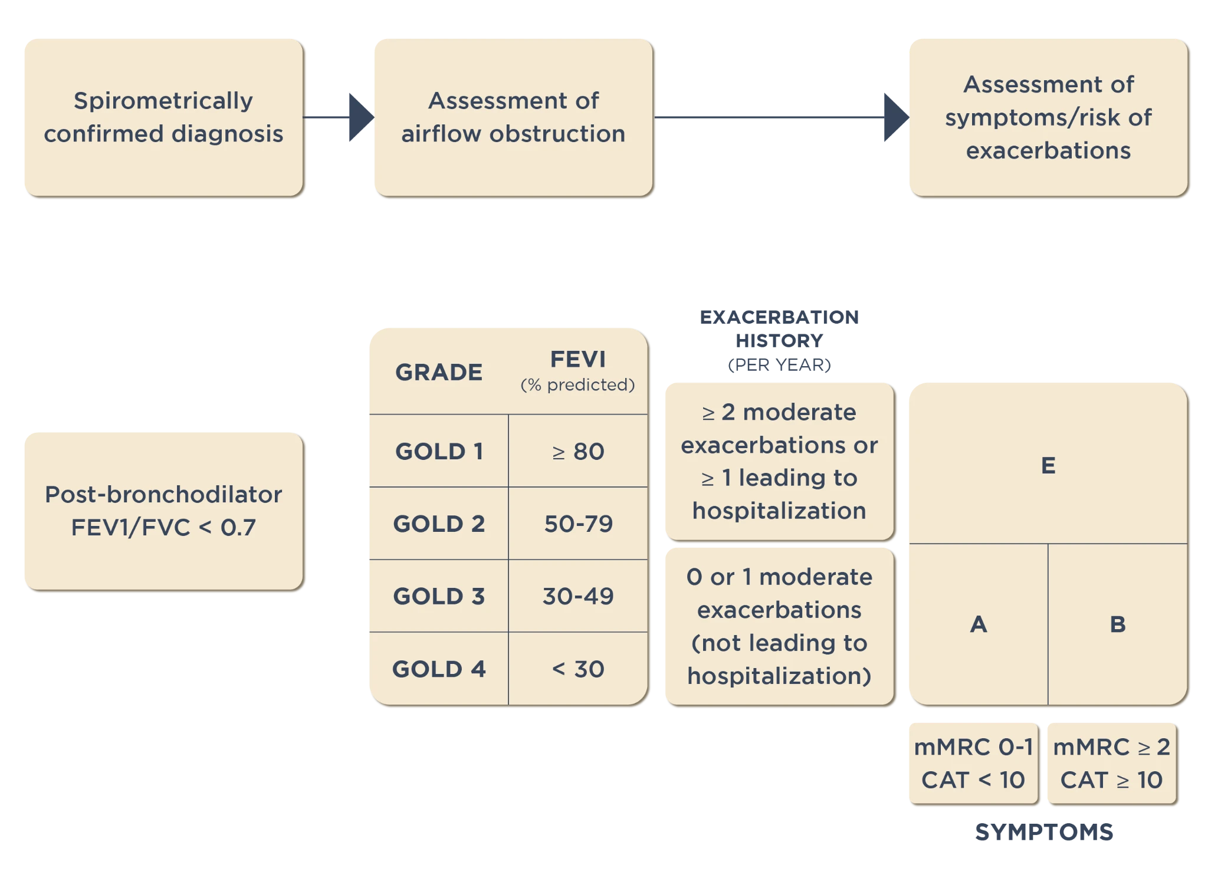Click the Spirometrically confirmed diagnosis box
pyautogui.click(x=163, y=117)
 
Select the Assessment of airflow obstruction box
pyautogui.click(x=513, y=117)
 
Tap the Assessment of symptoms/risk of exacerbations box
pyautogui.click(x=1048, y=117)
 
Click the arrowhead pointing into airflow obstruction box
pyautogui.click(x=360, y=117)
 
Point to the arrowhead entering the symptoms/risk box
pyautogui.click(x=895, y=117)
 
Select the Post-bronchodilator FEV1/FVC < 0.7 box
pyautogui.click(x=163, y=511)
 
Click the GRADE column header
pyautogui.click(x=439, y=372)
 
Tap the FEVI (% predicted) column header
pyautogui.click(x=577, y=370)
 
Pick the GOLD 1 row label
pyautogui.click(x=439, y=452)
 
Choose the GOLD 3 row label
pyautogui.click(x=439, y=596)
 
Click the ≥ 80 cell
pyautogui.click(x=578, y=452)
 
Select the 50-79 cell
pyautogui.click(x=578, y=524)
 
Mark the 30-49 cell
pyautogui.click(x=578, y=596)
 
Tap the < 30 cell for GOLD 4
pyautogui.click(x=578, y=669)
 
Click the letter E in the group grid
pyautogui.click(x=1048, y=466)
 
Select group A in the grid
pyautogui.click(x=979, y=624)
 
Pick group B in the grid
pyautogui.click(x=1118, y=624)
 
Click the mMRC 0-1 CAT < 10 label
pyautogui.click(x=973, y=764)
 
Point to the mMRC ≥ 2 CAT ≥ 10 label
pyautogui.click(x=1112, y=764)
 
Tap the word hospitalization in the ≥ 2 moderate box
pyautogui.click(x=779, y=511)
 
